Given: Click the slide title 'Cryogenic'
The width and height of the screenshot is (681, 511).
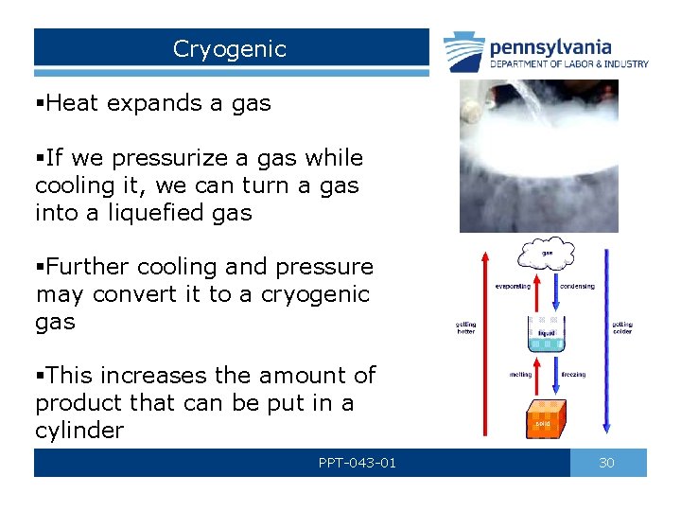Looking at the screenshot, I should point(229,49).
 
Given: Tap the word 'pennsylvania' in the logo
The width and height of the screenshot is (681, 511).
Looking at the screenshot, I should point(550,46).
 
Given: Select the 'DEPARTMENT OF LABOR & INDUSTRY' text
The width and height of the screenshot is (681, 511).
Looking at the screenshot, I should point(568,64).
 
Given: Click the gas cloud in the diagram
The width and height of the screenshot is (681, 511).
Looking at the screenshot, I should point(546,255).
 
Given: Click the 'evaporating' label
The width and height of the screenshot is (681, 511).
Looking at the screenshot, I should point(512,286).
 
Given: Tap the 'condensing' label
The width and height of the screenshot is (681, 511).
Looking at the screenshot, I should point(577,286).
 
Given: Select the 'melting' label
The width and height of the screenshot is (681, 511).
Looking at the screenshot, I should point(519,375).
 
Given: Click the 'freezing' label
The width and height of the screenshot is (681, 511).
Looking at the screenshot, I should point(573,375).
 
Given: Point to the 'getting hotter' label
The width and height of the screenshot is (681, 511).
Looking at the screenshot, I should point(466,327).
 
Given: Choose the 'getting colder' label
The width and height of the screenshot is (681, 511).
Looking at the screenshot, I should point(622,327).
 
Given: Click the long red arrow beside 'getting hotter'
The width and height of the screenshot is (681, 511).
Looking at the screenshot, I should point(485,341).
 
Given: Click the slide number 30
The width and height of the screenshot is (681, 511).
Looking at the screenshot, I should point(607,463).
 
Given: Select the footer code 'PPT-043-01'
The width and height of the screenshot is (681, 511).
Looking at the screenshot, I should point(357,463).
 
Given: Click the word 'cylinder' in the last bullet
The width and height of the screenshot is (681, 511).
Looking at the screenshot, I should point(79,431).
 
